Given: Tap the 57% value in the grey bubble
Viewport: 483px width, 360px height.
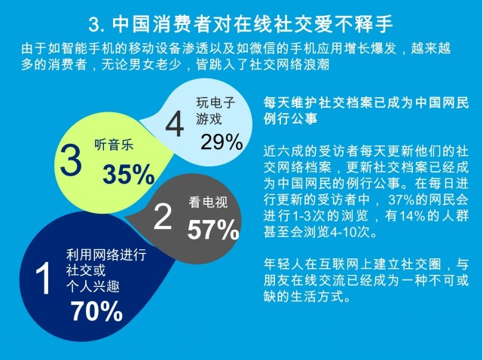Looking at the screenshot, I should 213,230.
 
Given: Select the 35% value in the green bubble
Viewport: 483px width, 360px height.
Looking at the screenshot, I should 128,174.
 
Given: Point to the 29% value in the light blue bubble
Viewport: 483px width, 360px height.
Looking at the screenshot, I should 222,140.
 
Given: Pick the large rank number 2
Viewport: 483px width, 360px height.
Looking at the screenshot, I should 163,218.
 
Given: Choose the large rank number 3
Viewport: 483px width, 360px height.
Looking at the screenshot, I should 69,161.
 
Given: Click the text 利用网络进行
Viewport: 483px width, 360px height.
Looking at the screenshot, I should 101,256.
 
